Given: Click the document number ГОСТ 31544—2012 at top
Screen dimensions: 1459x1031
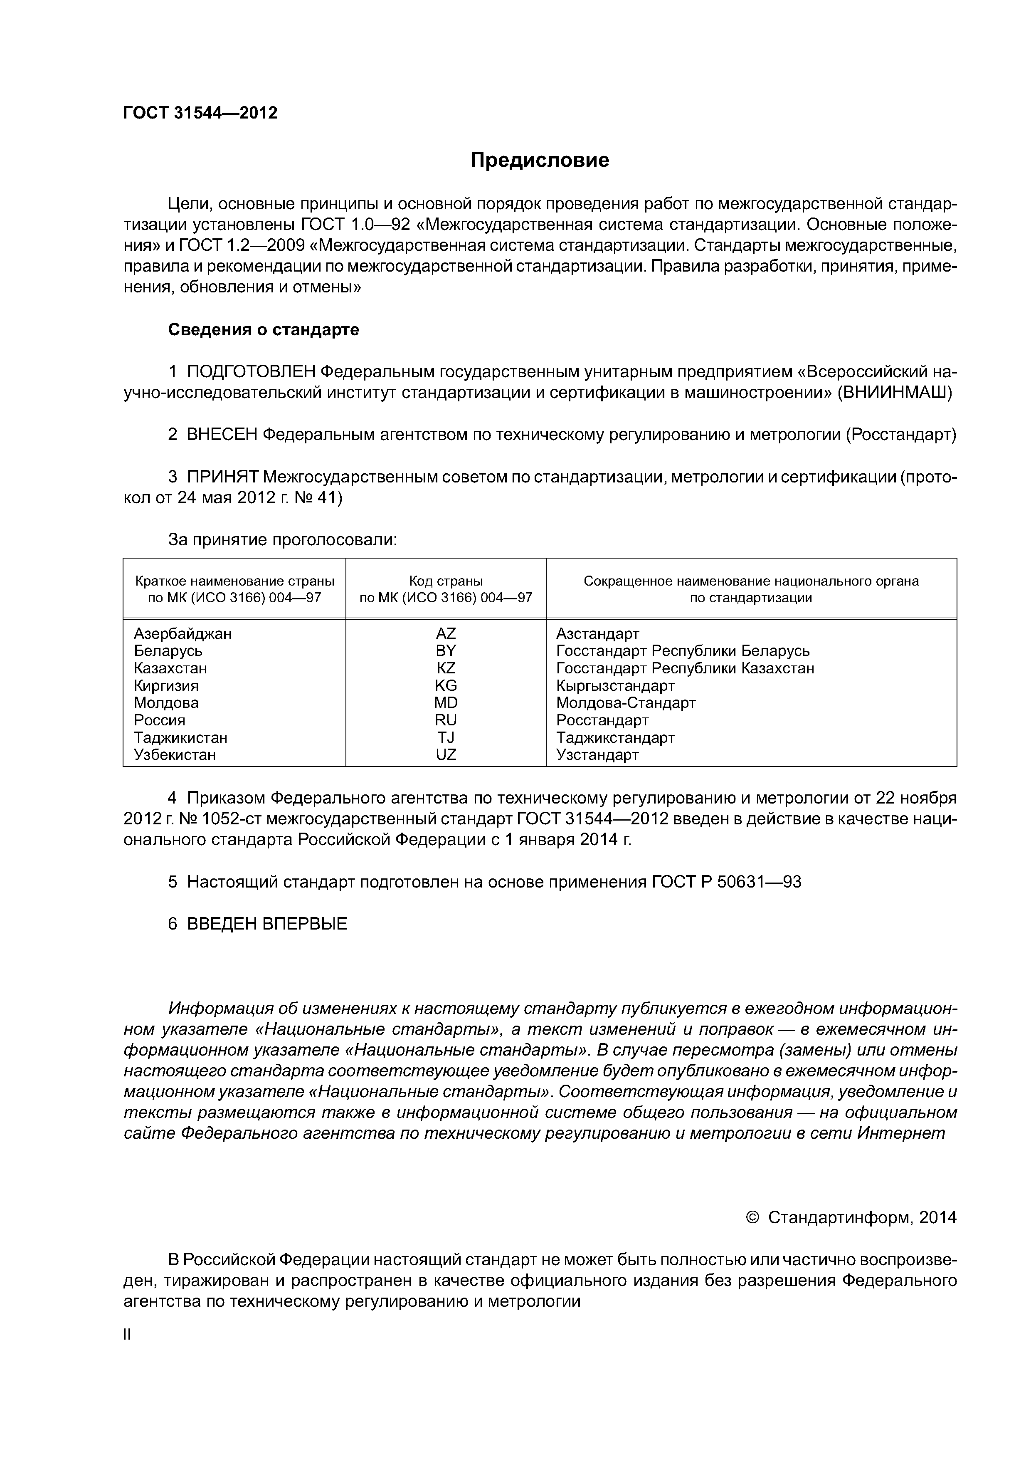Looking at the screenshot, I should (200, 113).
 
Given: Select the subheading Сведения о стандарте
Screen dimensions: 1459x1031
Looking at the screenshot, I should (263, 330).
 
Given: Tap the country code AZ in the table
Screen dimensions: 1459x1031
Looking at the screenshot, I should (446, 633).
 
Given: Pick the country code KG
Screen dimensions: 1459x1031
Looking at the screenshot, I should (446, 686).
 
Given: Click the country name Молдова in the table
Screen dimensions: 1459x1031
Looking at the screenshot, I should (166, 703).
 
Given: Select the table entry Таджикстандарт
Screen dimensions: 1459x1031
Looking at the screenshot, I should (615, 738).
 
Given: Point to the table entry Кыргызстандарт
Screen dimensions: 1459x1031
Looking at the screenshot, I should (615, 686).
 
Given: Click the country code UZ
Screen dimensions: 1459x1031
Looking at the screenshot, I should (446, 755).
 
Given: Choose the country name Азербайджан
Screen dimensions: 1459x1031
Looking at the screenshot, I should (183, 633).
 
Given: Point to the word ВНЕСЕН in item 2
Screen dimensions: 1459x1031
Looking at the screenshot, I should (222, 435).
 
